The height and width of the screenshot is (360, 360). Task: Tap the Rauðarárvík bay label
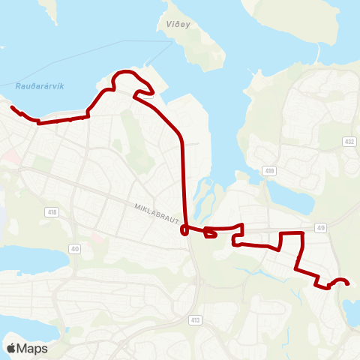click(x=39, y=85)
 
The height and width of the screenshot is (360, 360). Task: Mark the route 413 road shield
click(x=195, y=319)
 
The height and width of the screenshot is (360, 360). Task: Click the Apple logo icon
click(x=12, y=348)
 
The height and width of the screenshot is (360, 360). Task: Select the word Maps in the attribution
click(x=33, y=348)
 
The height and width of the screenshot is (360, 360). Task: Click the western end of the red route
click(x=12, y=108)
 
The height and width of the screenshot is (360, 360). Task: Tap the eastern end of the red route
click(x=349, y=283)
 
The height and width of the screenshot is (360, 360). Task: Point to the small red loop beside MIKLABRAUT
click(x=211, y=235)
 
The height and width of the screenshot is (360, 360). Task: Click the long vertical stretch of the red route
click(x=184, y=180)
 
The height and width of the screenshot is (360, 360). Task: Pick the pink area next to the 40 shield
click(x=96, y=237)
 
